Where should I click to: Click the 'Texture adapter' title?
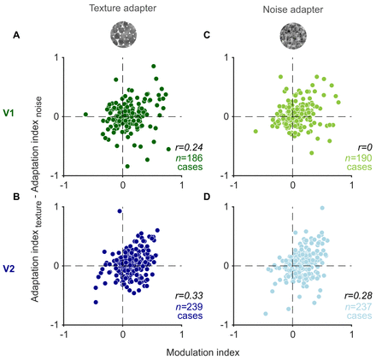click(x=123, y=9)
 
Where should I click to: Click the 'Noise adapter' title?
click(x=293, y=9)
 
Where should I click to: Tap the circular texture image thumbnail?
click(x=124, y=34)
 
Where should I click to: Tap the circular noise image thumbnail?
click(x=293, y=36)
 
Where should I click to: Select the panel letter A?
click(x=16, y=35)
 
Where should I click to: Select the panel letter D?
click(x=207, y=197)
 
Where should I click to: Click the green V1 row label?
click(x=9, y=113)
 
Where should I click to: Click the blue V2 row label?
click(x=9, y=269)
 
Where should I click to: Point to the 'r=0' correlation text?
click(x=365, y=147)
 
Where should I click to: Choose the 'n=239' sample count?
click(x=189, y=307)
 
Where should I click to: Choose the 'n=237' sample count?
click(x=358, y=307)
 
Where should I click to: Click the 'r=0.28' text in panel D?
click(x=358, y=296)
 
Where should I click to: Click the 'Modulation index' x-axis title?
click(x=203, y=352)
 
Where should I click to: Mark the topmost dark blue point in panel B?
click(x=120, y=211)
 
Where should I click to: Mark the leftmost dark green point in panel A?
click(x=85, y=115)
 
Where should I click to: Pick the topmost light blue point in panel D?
click(x=322, y=208)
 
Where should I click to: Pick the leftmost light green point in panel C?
click(x=256, y=131)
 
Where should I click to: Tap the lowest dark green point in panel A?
click(x=127, y=166)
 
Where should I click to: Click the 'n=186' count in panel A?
click(x=189, y=157)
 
